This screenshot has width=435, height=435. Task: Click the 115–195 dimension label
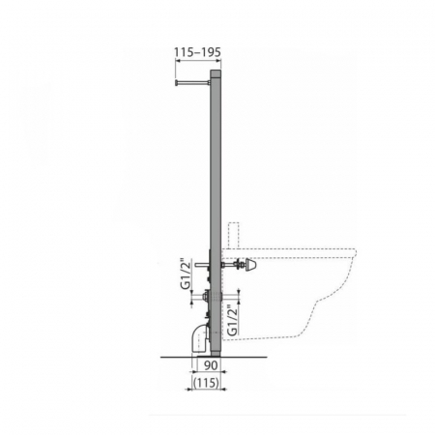pos(197,52)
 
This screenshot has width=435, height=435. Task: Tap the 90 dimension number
pos(211,365)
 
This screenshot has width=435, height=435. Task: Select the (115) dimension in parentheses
pos(207,383)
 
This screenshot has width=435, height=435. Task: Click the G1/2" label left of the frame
pos(187,275)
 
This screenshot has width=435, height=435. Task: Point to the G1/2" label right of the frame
pos(232,320)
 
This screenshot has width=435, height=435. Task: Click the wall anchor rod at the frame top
pos(193,83)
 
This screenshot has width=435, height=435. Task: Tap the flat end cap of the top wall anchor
pos(177,83)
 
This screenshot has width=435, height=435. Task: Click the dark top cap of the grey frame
pos(216,73)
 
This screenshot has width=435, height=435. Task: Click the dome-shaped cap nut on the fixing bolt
pos(251,265)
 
